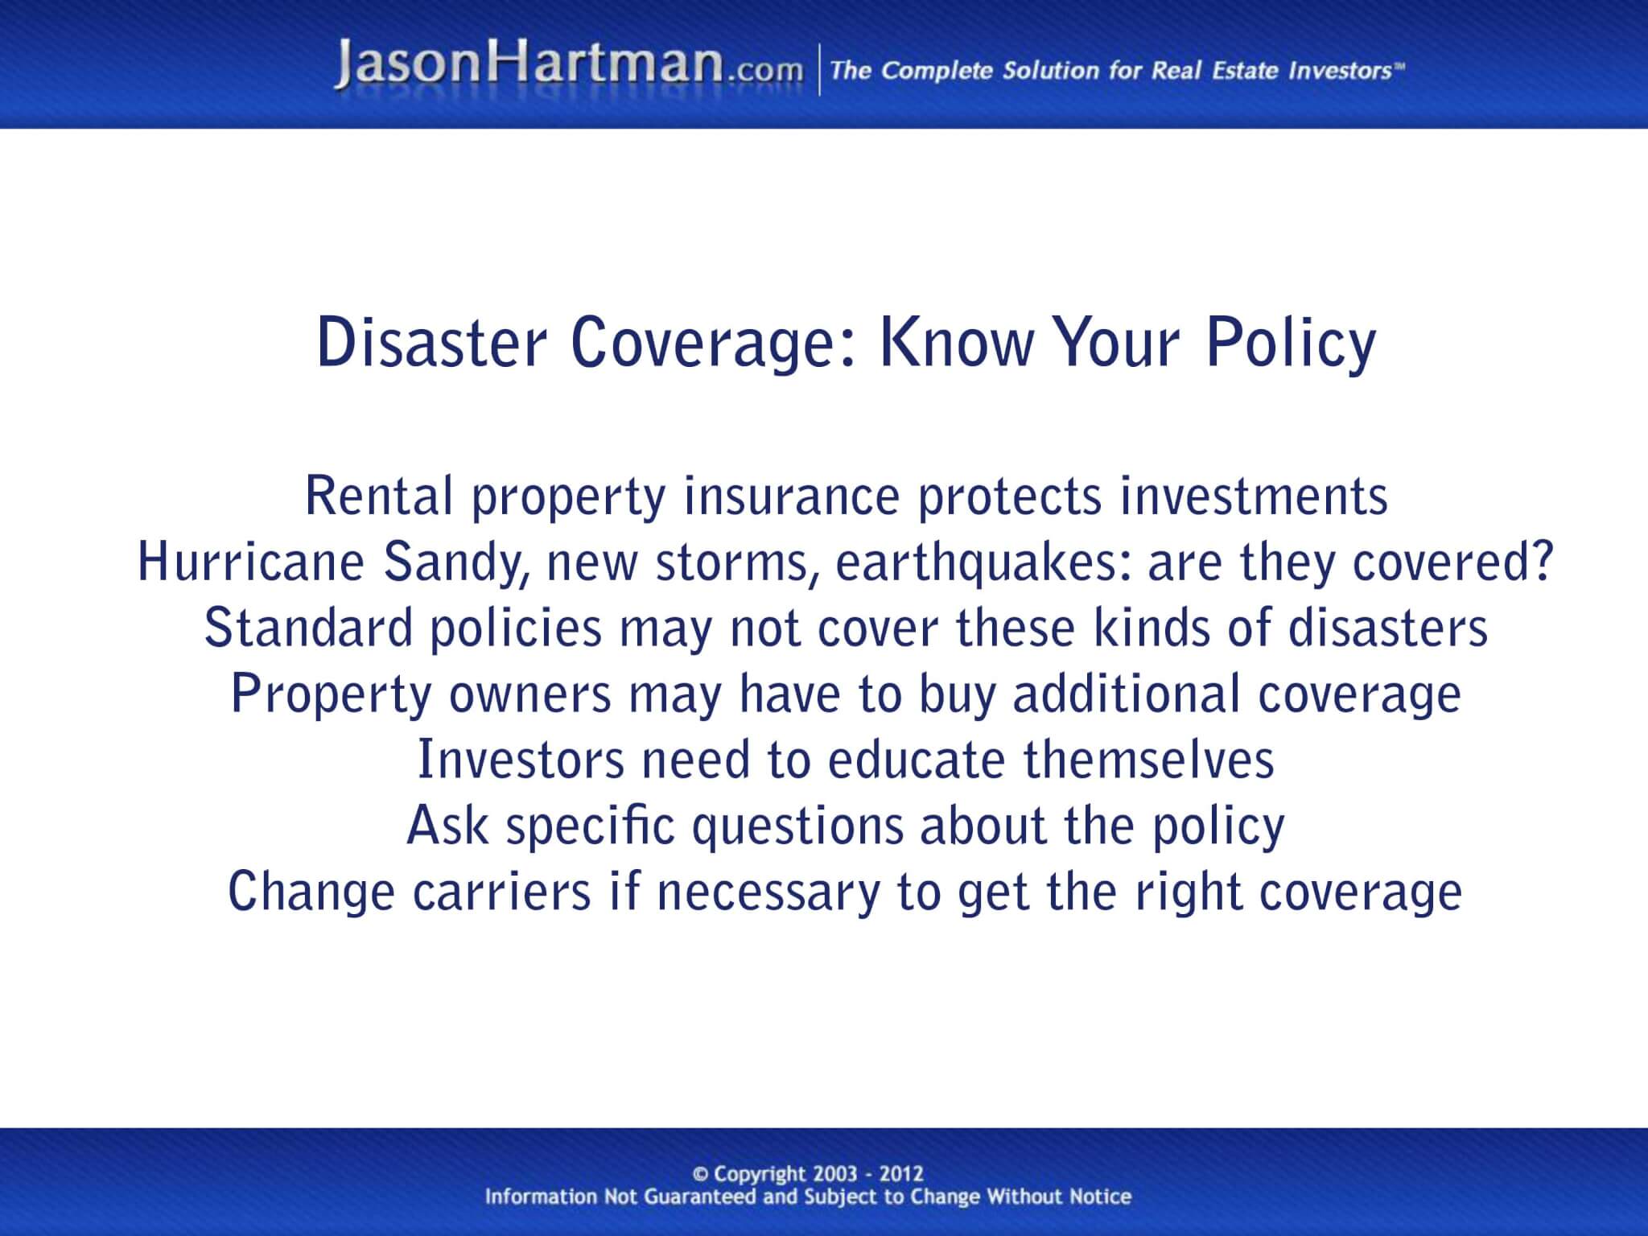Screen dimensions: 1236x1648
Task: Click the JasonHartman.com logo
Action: [568, 66]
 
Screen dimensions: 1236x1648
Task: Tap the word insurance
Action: [791, 496]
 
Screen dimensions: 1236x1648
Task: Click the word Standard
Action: [308, 628]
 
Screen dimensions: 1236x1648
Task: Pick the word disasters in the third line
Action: [1387, 628]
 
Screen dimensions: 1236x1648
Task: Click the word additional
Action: [1127, 694]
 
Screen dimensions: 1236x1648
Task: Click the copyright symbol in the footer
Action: [699, 1174]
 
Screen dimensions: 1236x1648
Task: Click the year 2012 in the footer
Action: [901, 1174]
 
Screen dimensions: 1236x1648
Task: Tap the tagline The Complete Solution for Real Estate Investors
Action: [1115, 71]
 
